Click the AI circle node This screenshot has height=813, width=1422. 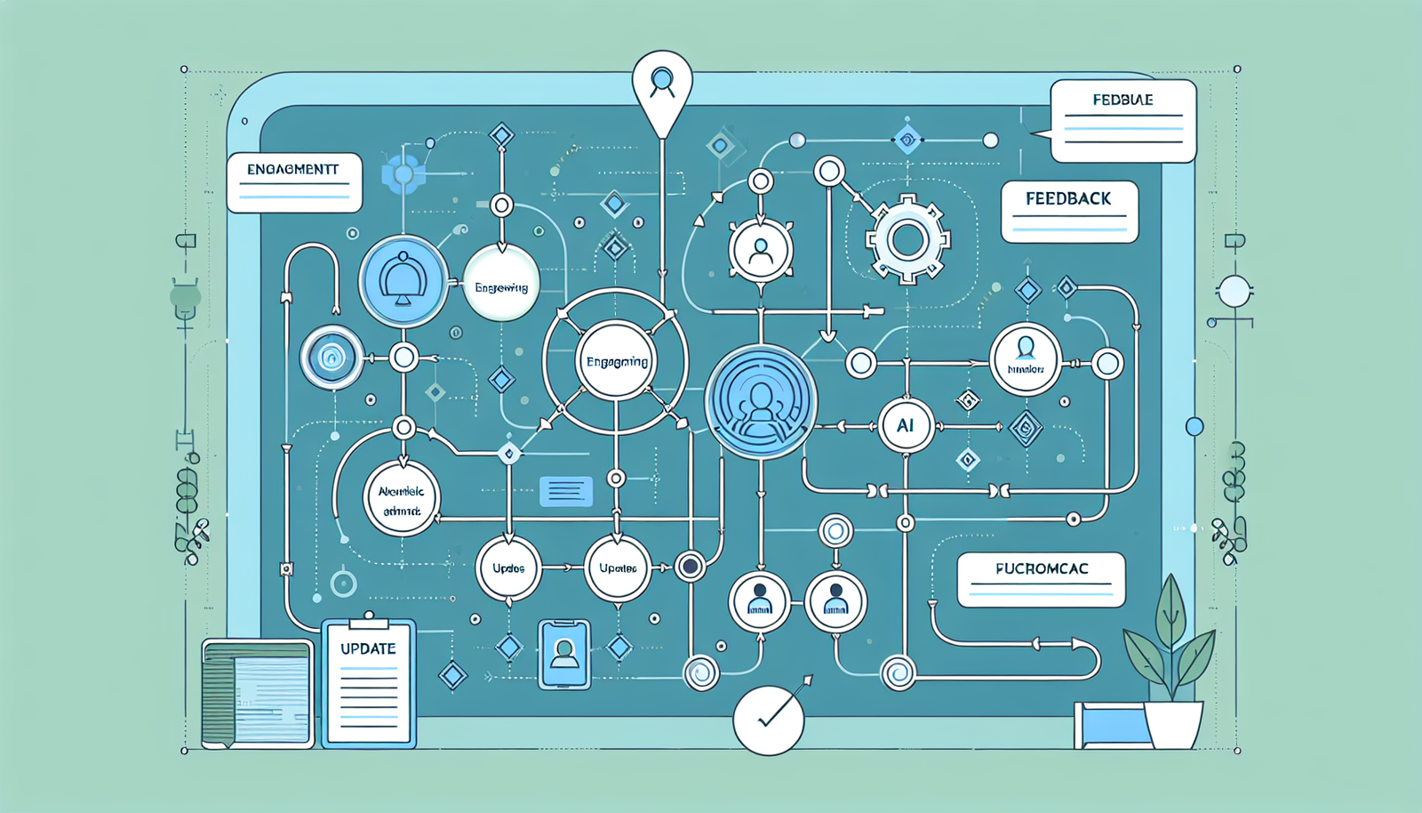(905, 426)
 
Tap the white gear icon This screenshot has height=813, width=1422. (907, 238)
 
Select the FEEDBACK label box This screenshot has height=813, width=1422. (1069, 212)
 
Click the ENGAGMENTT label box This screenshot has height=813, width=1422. (294, 182)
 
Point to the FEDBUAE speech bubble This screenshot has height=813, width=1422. (1122, 121)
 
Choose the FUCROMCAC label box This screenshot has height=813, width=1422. (1041, 579)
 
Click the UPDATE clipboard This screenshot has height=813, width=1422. (369, 682)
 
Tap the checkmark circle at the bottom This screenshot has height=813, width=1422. (769, 720)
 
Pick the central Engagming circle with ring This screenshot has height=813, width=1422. (616, 361)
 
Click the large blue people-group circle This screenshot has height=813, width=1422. (761, 401)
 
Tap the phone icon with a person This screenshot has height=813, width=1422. (564, 655)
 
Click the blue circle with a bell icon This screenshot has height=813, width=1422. (403, 280)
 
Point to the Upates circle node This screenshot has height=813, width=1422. (618, 567)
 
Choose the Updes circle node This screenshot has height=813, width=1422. (508, 567)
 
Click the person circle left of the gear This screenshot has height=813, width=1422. (761, 250)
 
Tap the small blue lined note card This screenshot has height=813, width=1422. (565, 491)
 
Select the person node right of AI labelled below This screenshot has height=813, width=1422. (1026, 358)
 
